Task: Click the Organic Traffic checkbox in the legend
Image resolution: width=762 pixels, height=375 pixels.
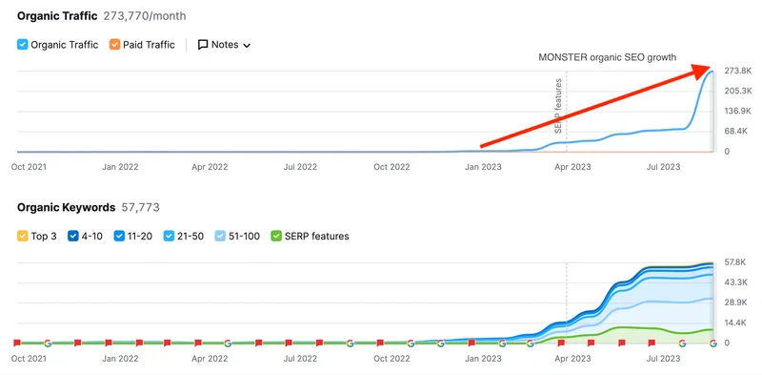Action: [23, 44]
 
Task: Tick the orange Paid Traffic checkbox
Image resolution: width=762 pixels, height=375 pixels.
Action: [114, 44]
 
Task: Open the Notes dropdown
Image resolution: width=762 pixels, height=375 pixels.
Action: [224, 44]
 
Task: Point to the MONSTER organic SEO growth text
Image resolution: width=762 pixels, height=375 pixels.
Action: [607, 57]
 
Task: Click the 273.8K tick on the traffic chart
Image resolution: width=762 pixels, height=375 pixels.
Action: [738, 71]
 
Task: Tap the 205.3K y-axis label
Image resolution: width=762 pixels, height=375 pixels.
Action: [738, 91]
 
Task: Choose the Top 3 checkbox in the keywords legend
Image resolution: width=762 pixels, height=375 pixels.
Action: [23, 235]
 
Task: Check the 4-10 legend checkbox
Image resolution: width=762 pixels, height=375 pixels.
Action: [73, 235]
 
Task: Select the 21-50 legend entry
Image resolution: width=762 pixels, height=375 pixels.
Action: [170, 235]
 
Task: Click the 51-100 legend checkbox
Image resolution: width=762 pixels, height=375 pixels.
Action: [220, 235]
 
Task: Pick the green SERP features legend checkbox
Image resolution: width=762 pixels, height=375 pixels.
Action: [277, 235]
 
